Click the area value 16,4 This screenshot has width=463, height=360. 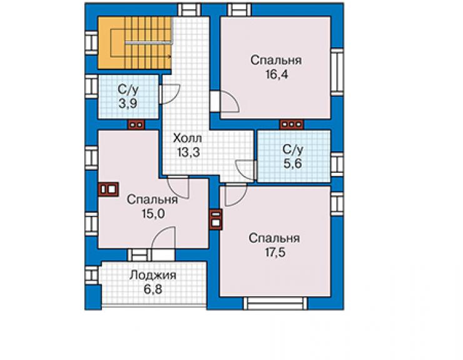point(277,75)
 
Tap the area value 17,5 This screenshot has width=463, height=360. point(275,253)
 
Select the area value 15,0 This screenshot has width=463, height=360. point(153,213)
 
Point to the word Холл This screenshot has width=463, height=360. point(188,138)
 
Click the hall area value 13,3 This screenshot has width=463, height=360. point(188,153)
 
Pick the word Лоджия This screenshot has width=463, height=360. point(153,275)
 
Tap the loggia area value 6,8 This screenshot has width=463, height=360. point(153,289)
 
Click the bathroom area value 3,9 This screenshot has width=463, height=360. point(128,104)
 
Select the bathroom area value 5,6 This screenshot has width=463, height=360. point(293,163)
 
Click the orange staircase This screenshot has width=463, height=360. point(135,43)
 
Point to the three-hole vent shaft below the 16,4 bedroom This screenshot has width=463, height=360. point(292,125)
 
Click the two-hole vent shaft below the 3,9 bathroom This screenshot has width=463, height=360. point(136,125)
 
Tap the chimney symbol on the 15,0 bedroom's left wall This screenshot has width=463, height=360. point(108,189)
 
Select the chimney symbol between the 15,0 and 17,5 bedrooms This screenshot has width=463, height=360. point(216,219)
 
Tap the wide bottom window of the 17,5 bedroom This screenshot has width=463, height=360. point(275,304)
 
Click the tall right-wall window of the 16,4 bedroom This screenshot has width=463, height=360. point(337,72)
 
